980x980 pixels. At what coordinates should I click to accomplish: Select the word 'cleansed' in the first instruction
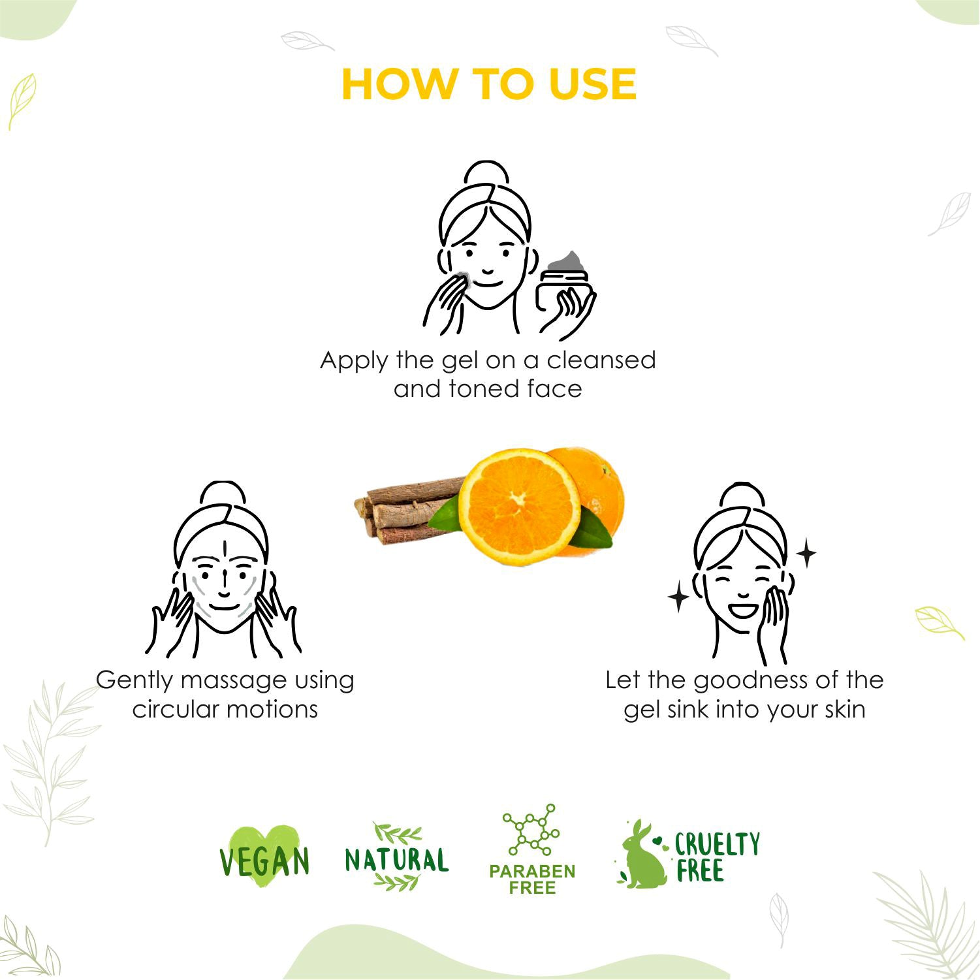tap(601, 360)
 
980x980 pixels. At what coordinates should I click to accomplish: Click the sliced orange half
tap(520, 506)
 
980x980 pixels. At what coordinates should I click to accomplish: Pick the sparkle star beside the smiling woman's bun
tap(806, 553)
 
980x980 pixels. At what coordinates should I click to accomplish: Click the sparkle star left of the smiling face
tap(678, 597)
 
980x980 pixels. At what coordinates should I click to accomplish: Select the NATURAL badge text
tap(396, 860)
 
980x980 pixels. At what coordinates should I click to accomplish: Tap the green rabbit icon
tap(642, 855)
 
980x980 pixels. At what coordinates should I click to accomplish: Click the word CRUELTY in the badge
tap(717, 844)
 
